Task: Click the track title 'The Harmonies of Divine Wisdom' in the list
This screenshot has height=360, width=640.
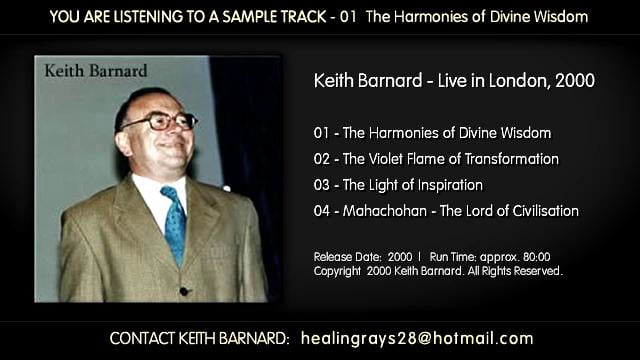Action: [445, 133]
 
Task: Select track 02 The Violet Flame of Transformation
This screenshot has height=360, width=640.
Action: [449, 159]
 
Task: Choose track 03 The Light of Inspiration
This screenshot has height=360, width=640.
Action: [411, 185]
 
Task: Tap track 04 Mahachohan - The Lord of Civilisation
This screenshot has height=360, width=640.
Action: [459, 211]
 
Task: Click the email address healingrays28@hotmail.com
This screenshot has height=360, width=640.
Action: [417, 338]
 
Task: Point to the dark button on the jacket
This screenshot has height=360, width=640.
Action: [182, 291]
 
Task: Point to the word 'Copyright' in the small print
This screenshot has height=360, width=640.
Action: [336, 270]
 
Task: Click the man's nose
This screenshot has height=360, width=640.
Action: [169, 132]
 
